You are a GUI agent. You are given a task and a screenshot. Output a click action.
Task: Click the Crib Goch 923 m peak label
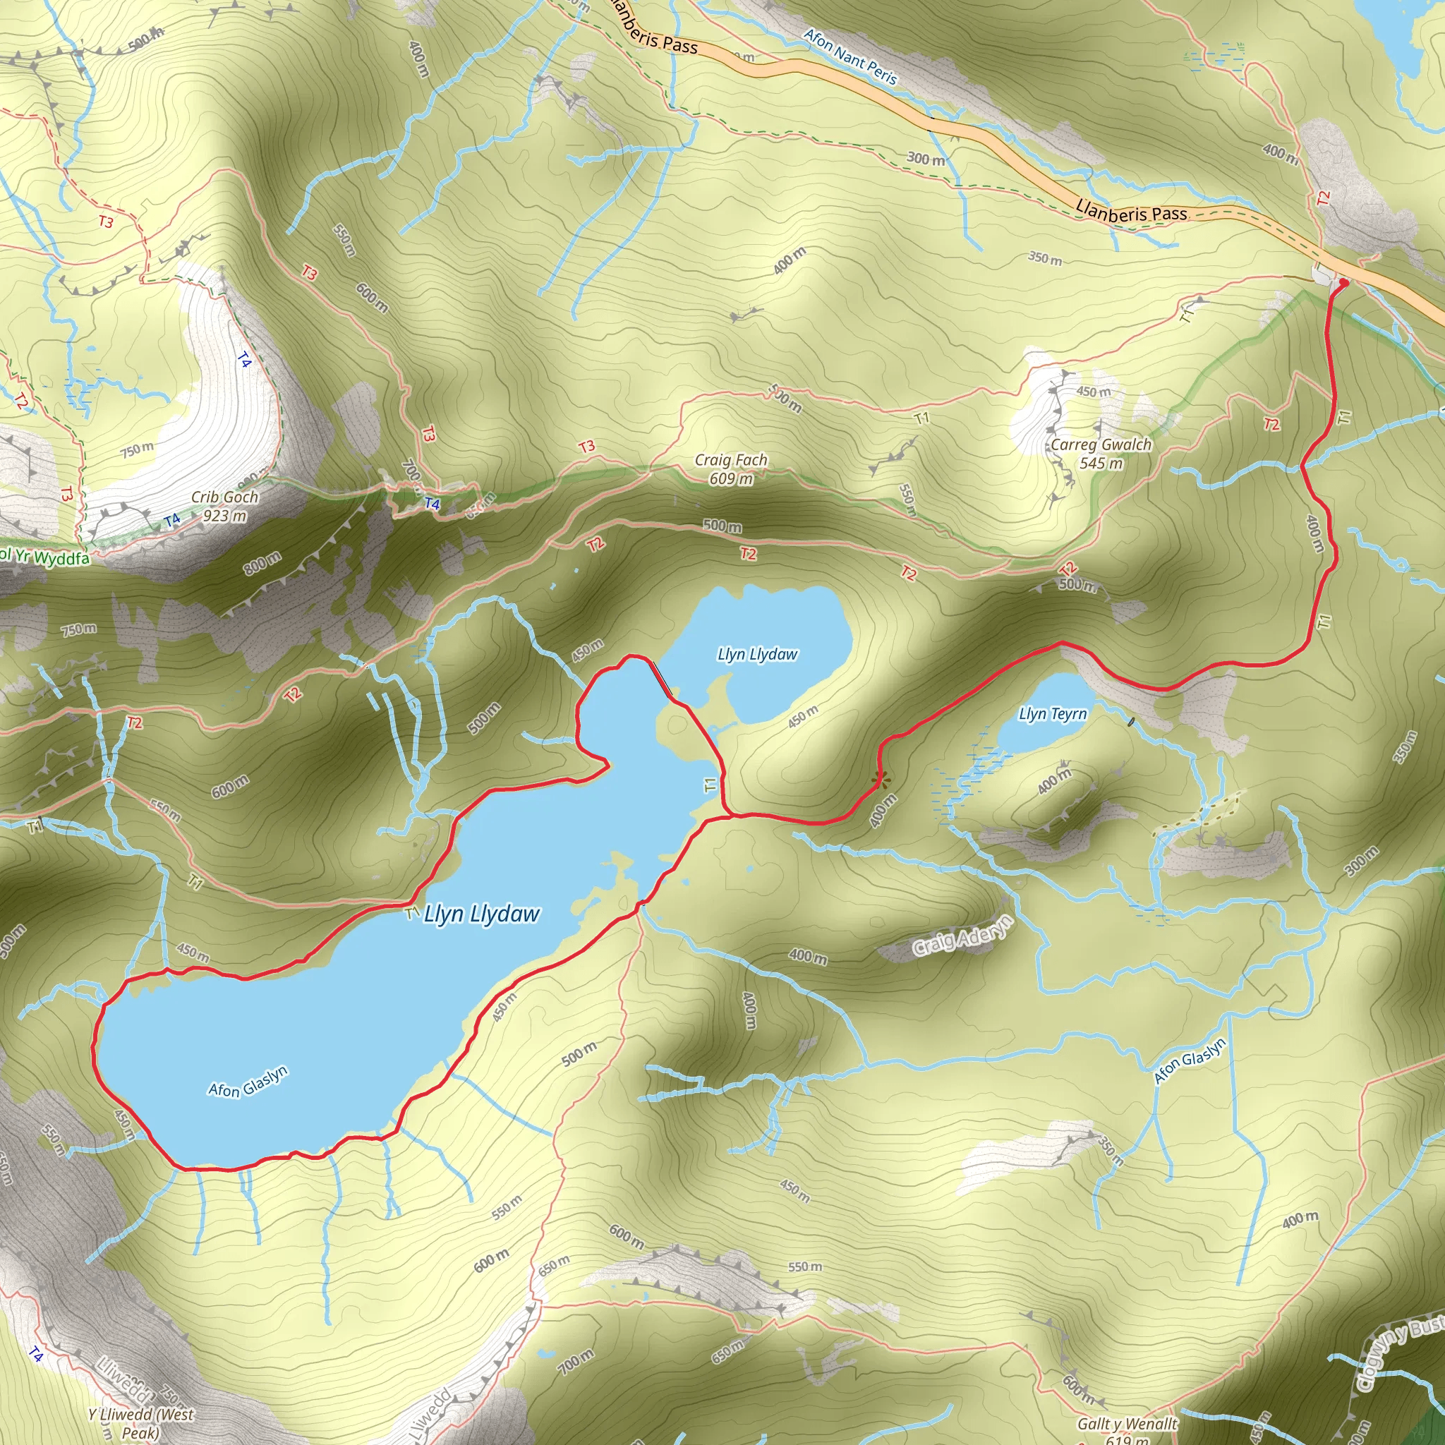[x=224, y=507]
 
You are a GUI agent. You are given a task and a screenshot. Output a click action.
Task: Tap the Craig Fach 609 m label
[x=731, y=469]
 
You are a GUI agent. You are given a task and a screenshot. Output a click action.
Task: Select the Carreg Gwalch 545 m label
[x=1100, y=453]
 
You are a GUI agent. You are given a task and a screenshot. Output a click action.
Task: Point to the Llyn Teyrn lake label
[x=1052, y=713]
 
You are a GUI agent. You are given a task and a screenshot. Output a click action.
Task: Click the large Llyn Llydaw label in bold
[x=482, y=914]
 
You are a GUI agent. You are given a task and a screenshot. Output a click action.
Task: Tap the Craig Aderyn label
[x=962, y=936]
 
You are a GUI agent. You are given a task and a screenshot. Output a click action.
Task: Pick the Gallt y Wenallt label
[x=1127, y=1424]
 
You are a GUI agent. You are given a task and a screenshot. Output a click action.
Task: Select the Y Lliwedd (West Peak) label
[x=140, y=1423]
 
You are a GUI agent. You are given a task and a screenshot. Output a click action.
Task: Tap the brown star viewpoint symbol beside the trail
[x=881, y=780]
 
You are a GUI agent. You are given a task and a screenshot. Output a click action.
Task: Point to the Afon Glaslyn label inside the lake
[x=248, y=1082]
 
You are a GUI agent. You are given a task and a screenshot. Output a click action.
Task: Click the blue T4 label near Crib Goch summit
[x=172, y=519]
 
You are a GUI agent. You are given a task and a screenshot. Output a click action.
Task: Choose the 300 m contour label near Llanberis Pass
[x=926, y=159]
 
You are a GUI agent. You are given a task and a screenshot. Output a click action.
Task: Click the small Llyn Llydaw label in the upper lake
[x=757, y=655]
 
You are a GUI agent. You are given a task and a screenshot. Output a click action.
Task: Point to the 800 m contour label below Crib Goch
[x=262, y=563]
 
